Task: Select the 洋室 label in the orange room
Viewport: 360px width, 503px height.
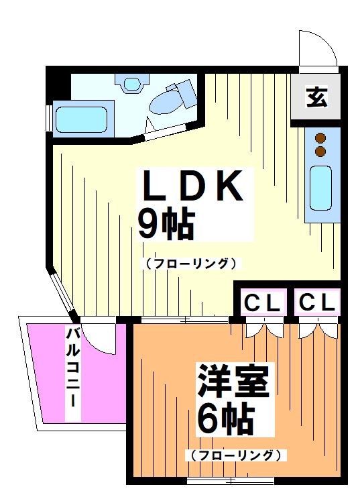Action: [232, 382]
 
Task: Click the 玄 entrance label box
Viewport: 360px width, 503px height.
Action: [316, 98]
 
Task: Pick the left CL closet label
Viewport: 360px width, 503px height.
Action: [261, 303]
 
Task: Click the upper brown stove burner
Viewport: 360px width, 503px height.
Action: [320, 138]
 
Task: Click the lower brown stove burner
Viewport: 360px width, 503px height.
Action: [320, 152]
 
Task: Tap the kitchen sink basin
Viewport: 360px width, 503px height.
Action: [320, 189]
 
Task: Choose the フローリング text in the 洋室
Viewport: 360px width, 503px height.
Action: [233, 455]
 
